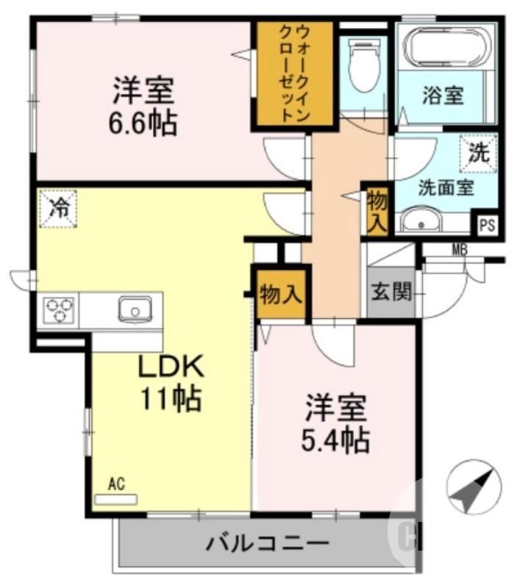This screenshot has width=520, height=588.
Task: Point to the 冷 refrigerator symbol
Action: [58, 208]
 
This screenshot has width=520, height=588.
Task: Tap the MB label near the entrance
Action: [460, 248]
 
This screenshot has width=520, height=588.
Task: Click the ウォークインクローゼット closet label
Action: [293, 73]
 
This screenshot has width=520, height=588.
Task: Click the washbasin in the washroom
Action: [421, 220]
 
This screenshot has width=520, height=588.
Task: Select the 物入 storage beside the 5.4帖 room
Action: [279, 295]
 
